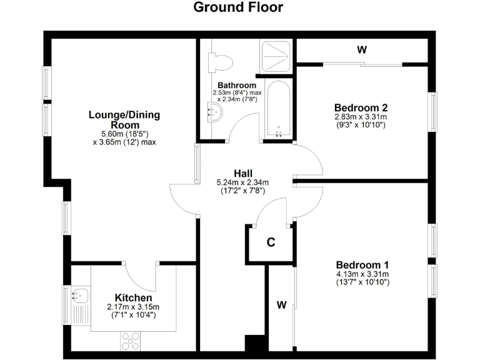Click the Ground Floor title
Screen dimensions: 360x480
pyautogui.click(x=237, y=7)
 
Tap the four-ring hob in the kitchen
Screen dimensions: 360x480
pyautogui.click(x=130, y=341)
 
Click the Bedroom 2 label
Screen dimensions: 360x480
pyautogui.click(x=361, y=106)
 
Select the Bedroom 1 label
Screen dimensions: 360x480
pyautogui.click(x=362, y=264)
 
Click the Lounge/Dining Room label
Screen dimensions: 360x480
pyautogui.click(x=124, y=119)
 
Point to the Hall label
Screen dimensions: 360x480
pyautogui.click(x=243, y=173)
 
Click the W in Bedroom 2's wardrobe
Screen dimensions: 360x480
pyautogui.click(x=361, y=51)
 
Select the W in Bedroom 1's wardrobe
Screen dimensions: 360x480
pyautogui.click(x=281, y=305)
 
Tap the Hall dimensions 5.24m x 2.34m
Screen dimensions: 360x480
pyautogui.click(x=242, y=182)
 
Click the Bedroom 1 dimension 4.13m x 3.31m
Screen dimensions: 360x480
pyautogui.click(x=362, y=274)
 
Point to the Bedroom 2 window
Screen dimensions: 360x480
pyautogui.click(x=432, y=111)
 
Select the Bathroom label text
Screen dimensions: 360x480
pyautogui.click(x=236, y=85)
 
